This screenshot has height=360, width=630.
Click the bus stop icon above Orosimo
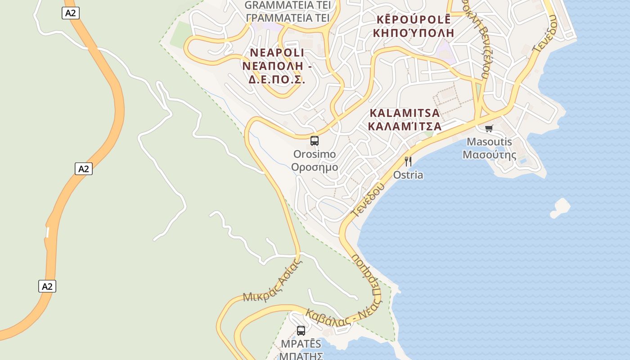[x=315, y=141]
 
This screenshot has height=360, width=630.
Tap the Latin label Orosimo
[x=315, y=154]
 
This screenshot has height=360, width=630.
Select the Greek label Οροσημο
[x=315, y=167]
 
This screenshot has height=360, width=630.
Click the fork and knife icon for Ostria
[x=408, y=162]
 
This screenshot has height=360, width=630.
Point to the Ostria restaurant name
[x=408, y=175]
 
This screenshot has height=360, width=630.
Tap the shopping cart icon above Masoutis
[x=489, y=129]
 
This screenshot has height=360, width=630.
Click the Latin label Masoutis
[x=489, y=142]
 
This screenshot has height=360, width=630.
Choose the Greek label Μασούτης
[x=489, y=155]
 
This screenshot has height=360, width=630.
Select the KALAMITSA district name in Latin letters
[x=405, y=112]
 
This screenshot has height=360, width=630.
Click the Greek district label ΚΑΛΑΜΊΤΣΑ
[x=405, y=126]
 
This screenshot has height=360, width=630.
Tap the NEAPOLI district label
[x=277, y=53]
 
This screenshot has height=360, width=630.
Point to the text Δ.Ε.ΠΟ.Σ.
[x=277, y=80]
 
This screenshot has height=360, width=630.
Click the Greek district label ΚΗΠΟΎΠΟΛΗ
[x=413, y=33]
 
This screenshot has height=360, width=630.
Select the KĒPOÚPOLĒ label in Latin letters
[x=413, y=20]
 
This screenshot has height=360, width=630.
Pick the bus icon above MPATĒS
[x=301, y=331]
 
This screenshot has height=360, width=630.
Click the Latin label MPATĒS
[x=301, y=344]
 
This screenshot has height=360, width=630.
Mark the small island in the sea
[x=560, y=207]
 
